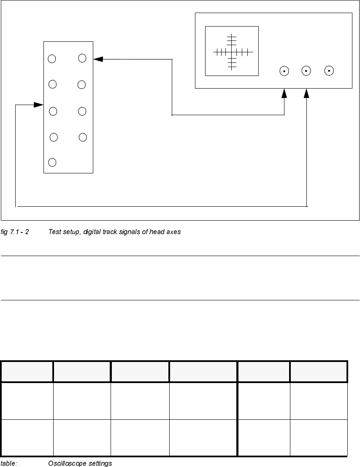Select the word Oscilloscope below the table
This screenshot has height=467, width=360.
click(65, 463)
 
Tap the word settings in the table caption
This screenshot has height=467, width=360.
click(98, 463)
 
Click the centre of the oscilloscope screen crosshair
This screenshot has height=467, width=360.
click(232, 52)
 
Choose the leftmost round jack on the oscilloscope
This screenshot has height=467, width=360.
click(284, 71)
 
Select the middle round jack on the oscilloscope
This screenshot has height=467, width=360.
click(306, 71)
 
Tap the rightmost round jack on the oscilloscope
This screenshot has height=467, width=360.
click(329, 71)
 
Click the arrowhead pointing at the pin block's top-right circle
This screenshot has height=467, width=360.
click(98, 59)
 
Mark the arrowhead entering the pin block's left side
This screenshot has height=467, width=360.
click(39, 105)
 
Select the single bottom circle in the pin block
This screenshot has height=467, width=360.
click(52, 162)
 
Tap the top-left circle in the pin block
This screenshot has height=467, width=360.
click(52, 59)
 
